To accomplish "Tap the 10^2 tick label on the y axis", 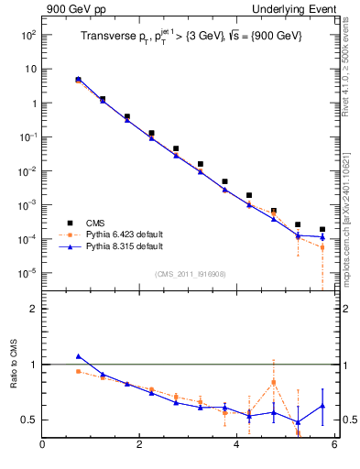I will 27,35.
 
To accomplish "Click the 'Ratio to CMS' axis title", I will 14,366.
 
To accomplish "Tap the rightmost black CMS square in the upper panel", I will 322,229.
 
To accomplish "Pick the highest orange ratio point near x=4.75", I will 274,382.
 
